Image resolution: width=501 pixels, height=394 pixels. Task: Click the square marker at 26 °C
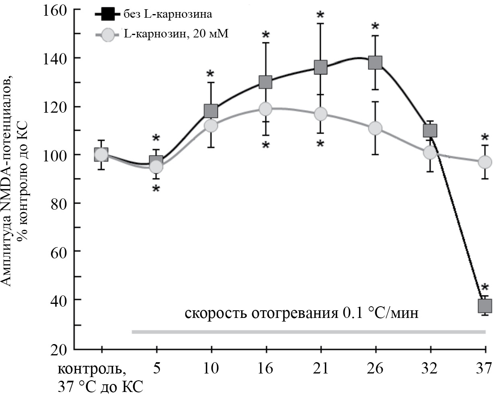[375, 63]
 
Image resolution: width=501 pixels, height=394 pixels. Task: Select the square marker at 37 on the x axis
[485, 306]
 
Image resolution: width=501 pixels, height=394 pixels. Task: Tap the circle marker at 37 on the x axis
[485, 162]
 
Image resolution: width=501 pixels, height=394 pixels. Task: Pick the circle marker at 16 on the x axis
[266, 109]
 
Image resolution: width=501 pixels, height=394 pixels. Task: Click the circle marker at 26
[375, 128]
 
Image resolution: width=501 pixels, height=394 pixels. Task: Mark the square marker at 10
[211, 111]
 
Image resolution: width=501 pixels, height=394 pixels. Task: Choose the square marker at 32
[430, 131]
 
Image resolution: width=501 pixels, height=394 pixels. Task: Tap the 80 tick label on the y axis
[60, 203]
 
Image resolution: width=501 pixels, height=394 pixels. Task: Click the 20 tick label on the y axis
[60, 349]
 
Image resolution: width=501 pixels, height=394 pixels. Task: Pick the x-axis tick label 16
[266, 368]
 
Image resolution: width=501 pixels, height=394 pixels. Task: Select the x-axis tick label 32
[430, 368]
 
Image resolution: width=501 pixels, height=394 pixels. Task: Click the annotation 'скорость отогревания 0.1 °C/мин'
[302, 313]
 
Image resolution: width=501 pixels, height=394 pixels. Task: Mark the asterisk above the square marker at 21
[320, 15]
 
